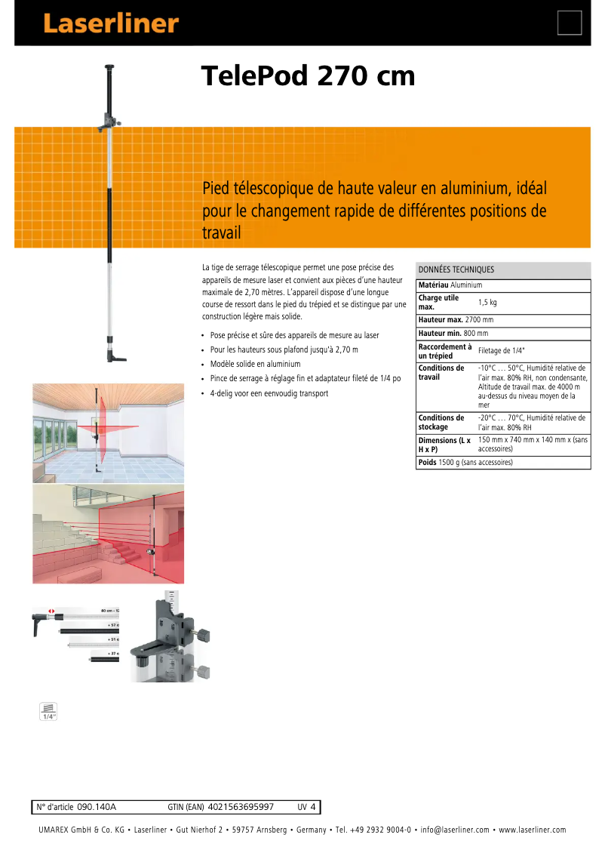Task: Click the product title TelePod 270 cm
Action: coord(308,75)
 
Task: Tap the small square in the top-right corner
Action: coord(570,23)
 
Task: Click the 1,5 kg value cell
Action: coord(487,303)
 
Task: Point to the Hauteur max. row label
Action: coord(441,320)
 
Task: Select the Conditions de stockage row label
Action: coord(441,422)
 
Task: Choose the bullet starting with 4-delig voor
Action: coord(269,393)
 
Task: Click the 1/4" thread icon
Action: coord(48,712)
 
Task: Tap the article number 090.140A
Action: coord(97,807)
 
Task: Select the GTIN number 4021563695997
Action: coord(240,807)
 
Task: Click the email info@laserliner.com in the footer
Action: coord(454,830)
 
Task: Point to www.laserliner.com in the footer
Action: coord(531,830)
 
